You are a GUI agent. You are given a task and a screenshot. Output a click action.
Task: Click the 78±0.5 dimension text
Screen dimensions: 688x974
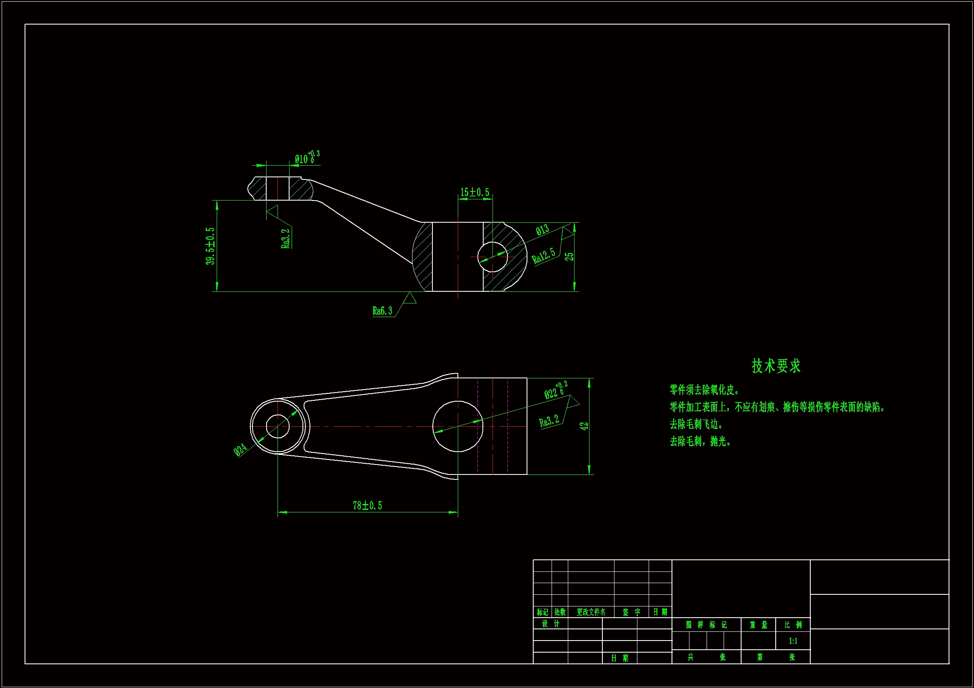click(367, 505)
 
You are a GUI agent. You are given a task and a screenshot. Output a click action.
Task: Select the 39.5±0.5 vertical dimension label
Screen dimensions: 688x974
click(210, 246)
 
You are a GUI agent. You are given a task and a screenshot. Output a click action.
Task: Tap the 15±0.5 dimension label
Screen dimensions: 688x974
click(475, 192)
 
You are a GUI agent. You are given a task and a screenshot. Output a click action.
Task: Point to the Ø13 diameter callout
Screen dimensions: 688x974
click(542, 230)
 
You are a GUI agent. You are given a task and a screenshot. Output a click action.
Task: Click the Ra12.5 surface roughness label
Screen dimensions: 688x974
click(543, 256)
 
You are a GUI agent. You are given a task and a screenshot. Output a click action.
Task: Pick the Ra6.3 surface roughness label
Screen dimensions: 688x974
click(382, 311)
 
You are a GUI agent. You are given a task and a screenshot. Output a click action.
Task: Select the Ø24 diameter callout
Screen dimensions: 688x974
click(240, 450)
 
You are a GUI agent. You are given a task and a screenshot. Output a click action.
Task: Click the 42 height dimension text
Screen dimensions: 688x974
click(584, 426)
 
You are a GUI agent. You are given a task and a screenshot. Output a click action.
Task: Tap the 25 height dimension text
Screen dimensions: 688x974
click(569, 256)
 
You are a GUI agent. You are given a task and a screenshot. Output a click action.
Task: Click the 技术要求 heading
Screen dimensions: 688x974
click(776, 366)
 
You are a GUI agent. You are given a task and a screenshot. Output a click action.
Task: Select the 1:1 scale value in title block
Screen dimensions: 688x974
click(793, 641)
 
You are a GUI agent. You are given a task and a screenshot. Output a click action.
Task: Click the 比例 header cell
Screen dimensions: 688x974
click(793, 624)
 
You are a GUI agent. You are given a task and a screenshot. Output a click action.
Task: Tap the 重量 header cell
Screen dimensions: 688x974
click(759, 624)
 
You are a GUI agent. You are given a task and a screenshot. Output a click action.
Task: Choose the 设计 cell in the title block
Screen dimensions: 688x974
click(551, 623)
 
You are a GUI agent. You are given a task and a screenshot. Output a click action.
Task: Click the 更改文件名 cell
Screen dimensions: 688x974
click(591, 612)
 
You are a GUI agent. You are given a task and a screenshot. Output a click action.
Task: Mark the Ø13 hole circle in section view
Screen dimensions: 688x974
click(492, 257)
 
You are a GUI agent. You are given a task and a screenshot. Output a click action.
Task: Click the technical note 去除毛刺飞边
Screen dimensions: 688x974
click(696, 424)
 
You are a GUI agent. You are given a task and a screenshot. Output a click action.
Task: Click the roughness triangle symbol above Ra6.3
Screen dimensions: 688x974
click(410, 298)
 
